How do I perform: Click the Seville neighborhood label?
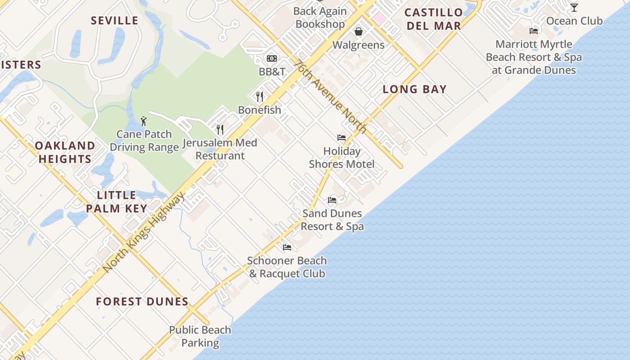pyautogui.click(x=114, y=21)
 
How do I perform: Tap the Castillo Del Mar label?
pyautogui.click(x=434, y=19)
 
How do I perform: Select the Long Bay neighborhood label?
pyautogui.click(x=414, y=89)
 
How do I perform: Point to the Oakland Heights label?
pyautogui.click(x=65, y=152)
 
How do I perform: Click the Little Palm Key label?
pyautogui.click(x=117, y=202)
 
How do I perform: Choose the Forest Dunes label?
pyautogui.click(x=142, y=301)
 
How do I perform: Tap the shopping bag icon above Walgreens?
pyautogui.click(x=359, y=31)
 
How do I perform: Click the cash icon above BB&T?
pyautogui.click(x=271, y=58)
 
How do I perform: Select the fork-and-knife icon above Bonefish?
pyautogui.click(x=260, y=96)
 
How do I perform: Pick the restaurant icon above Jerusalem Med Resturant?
pyautogui.click(x=220, y=130)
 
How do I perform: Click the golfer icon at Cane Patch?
pyautogui.click(x=144, y=121)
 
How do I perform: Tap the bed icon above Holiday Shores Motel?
pyautogui.click(x=342, y=138)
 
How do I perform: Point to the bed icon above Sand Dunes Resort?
pyautogui.click(x=332, y=200)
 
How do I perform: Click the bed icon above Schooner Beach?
pyautogui.click(x=287, y=247)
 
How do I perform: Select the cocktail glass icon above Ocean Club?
pyautogui.click(x=574, y=8)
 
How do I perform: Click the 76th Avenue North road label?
pyautogui.click(x=329, y=96)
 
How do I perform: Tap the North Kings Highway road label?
pyautogui.click(x=144, y=232)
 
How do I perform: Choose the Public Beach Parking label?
pyautogui.click(x=200, y=336)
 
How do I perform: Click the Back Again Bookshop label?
pyautogui.click(x=320, y=18)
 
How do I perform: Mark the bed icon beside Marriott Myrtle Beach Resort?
pyautogui.click(x=534, y=31)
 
